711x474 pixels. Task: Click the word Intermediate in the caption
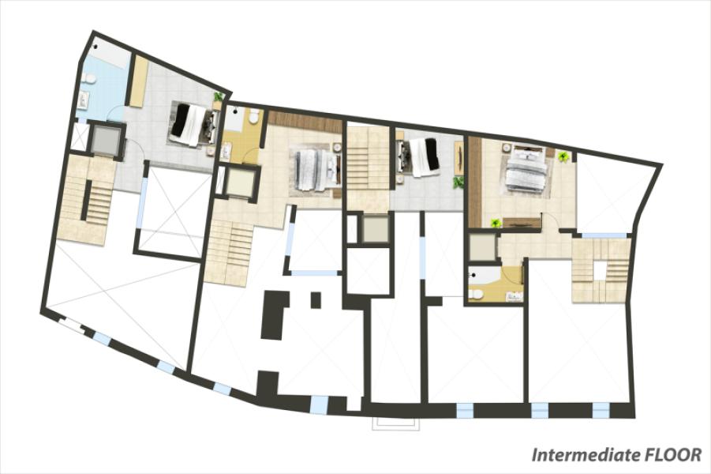[585, 454]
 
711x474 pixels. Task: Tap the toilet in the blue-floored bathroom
[90, 80]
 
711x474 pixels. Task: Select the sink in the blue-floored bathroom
[83, 100]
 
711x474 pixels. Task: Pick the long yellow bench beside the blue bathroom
[140, 81]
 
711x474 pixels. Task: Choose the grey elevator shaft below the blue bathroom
[106, 140]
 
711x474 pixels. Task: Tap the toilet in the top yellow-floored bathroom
[253, 118]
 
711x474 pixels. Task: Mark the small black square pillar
[316, 299]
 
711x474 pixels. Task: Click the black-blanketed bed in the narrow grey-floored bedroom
[418, 157]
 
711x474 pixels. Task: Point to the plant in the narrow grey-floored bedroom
[458, 182]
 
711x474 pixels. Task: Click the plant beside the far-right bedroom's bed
[563, 157]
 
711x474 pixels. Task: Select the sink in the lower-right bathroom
[515, 296]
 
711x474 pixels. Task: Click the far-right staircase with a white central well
[600, 270]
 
